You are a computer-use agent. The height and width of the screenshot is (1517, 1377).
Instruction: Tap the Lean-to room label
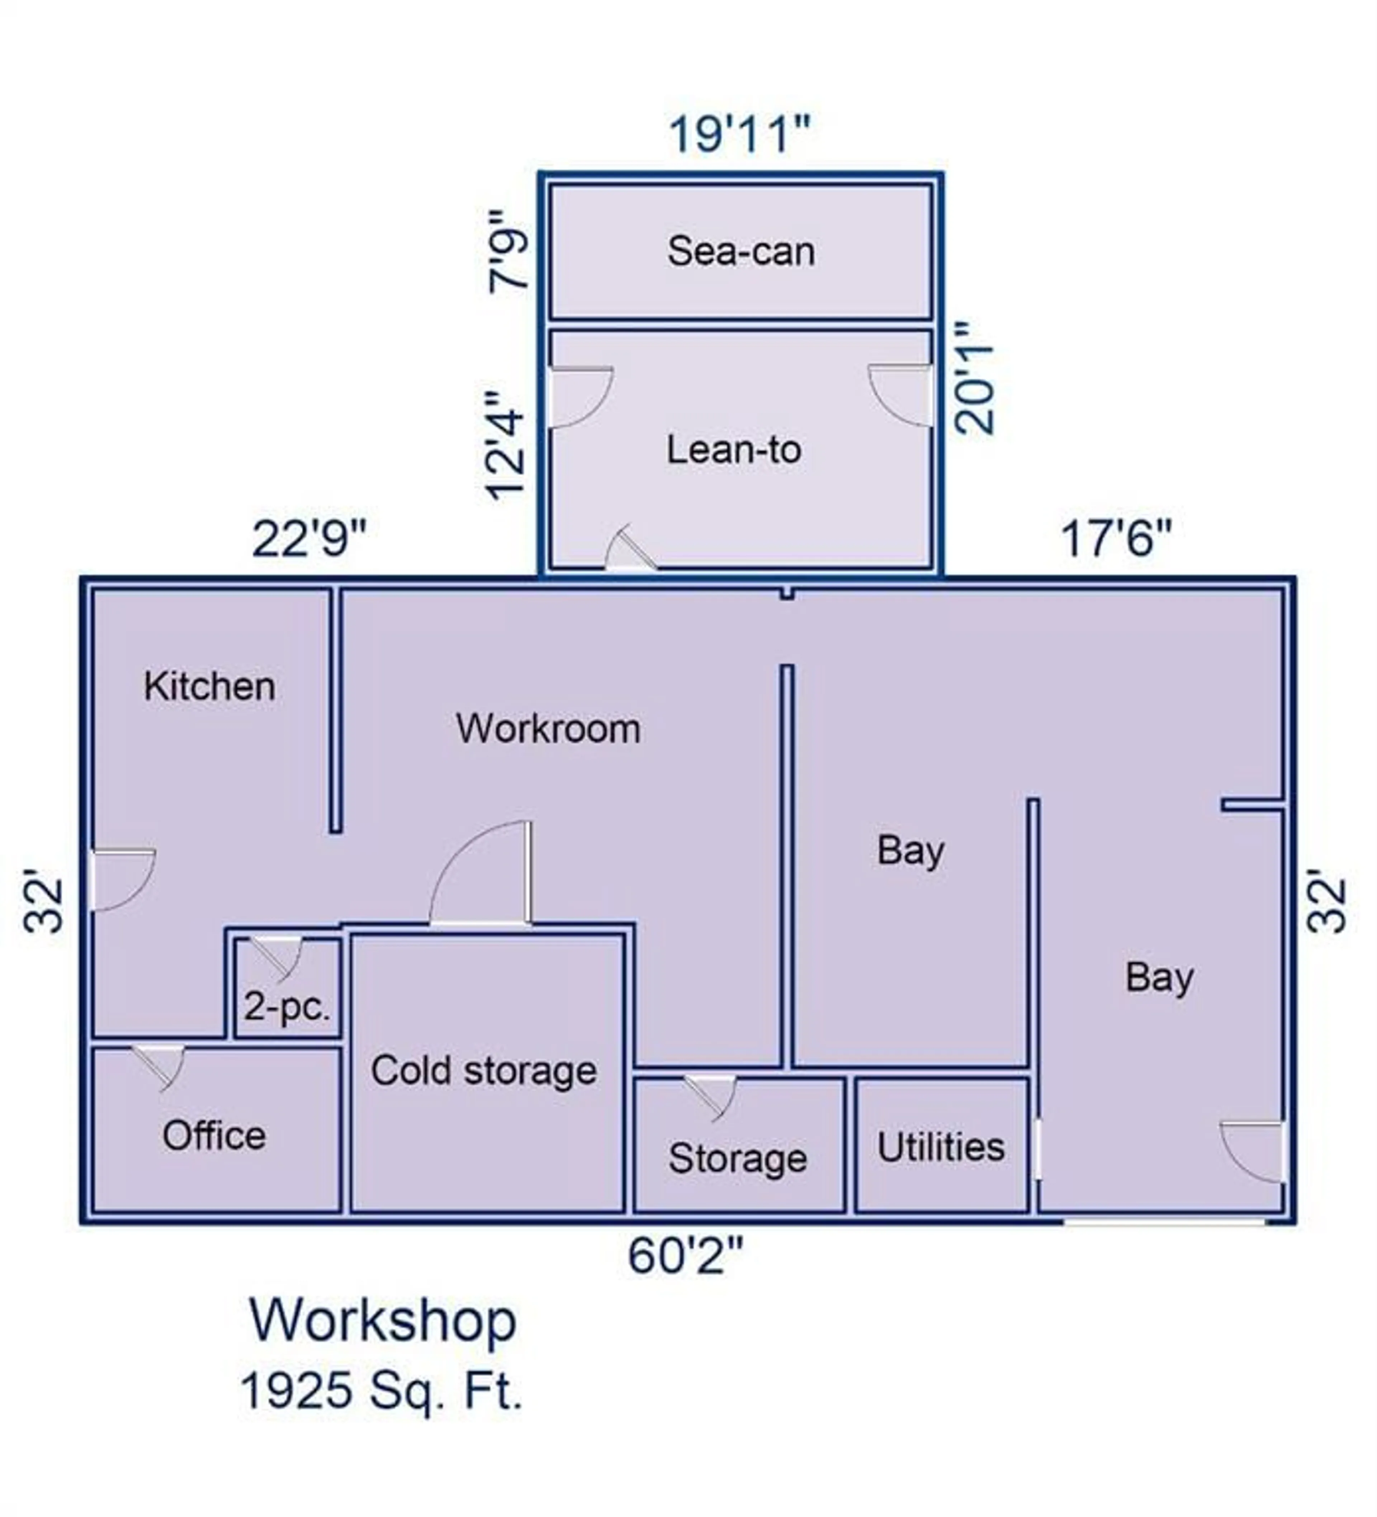click(734, 450)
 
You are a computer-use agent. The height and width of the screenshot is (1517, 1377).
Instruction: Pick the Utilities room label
click(941, 1148)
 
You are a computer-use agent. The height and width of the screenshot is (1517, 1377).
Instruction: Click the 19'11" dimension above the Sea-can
click(740, 134)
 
